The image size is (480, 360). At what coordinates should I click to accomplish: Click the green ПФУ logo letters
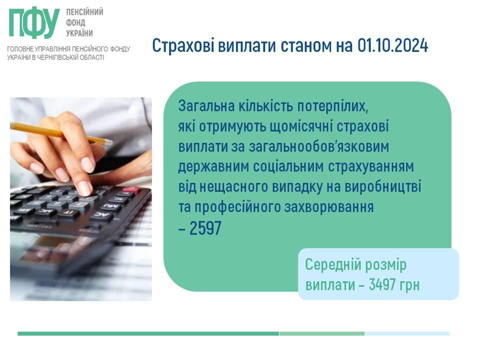coord(34,23)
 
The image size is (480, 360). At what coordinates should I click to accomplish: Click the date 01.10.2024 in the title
coord(392,45)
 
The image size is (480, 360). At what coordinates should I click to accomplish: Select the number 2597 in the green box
coord(205,228)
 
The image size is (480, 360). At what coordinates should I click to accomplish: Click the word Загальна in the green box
coord(206,106)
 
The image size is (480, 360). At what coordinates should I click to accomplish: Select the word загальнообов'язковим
coord(318,146)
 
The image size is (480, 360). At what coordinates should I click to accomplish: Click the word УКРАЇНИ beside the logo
coord(79,33)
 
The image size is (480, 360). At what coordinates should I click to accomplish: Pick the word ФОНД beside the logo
coord(75,22)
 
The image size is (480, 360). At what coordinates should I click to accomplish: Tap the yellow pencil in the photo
coord(61,133)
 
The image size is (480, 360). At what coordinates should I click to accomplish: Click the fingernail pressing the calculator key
coord(85,187)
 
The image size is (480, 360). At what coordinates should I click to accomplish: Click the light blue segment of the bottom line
coord(407,333)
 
